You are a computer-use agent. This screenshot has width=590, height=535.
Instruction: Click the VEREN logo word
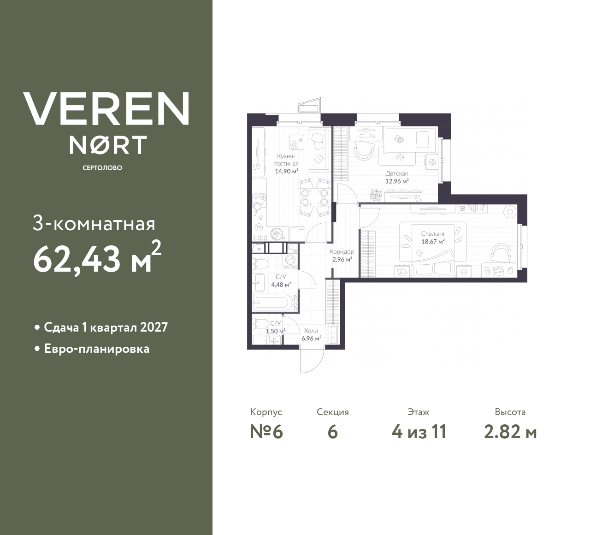pos(106,108)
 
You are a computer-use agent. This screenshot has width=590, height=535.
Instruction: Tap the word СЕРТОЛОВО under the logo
pos(102,168)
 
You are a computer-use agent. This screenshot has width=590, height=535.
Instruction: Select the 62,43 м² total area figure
pos(97,259)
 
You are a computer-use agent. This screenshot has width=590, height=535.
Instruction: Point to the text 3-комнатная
pos(94,225)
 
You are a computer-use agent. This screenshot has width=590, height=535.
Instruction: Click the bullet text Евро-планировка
pos(97,349)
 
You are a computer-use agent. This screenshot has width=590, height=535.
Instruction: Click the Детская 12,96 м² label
pos(396,178)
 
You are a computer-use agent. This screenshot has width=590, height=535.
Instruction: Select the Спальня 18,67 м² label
pos(432,238)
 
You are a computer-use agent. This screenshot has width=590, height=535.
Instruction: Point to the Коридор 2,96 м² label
pos(342,256)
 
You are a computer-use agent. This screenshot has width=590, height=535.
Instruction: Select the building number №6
pos(266,432)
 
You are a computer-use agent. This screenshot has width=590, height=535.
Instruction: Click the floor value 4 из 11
pos(419,432)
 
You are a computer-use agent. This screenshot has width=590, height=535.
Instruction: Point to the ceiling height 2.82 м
pos(510,432)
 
